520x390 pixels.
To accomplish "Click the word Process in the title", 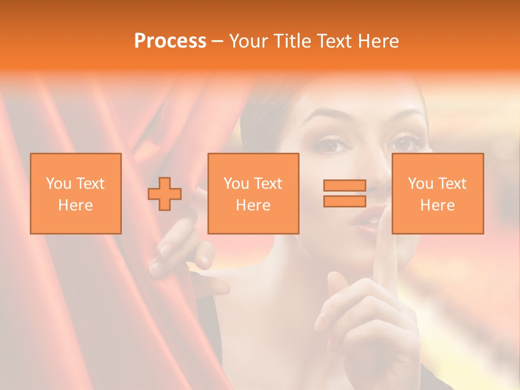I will pos(170,41).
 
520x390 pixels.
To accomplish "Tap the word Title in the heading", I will pos(291,41).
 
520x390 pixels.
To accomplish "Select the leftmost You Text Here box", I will pos(76,193).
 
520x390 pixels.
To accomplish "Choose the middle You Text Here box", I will pos(253,193).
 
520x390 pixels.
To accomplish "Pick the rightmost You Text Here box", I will pos(437,193).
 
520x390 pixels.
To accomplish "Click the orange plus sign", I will pos(165,193).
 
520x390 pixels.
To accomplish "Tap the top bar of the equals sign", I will pos(344,186).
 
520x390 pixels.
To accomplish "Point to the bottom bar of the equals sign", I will pos(344,201).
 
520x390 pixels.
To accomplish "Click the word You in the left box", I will pos(58,184).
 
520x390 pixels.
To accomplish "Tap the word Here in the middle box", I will pos(253,205).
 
